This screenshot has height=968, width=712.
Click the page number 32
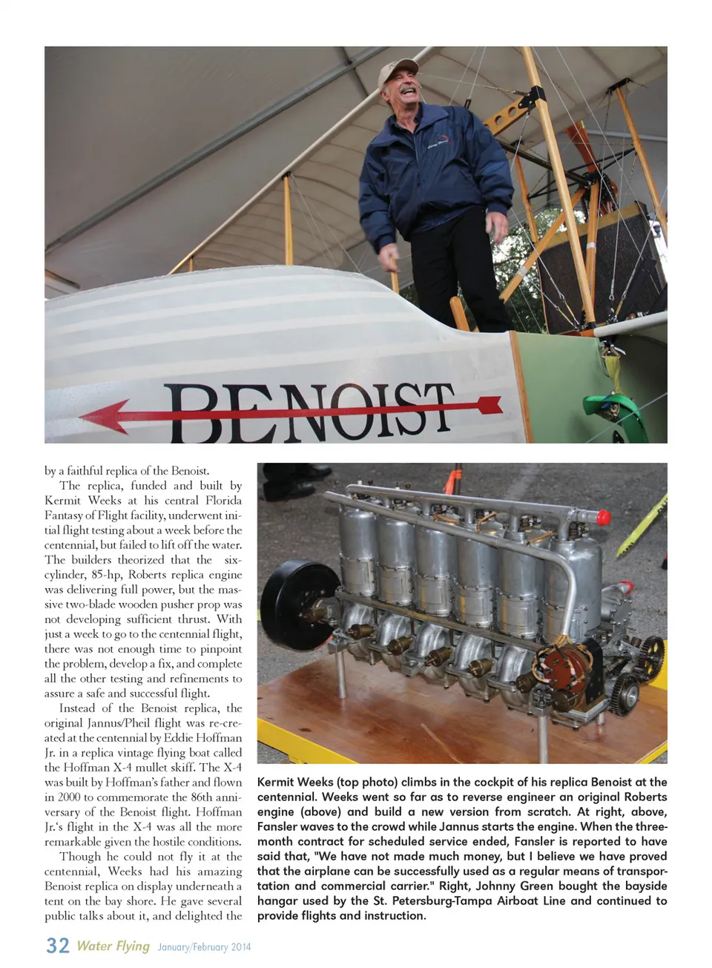[58, 945]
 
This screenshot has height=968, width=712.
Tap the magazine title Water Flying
[113, 946]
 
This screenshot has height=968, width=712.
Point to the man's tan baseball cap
[398, 72]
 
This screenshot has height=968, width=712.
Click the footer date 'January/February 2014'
[204, 947]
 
